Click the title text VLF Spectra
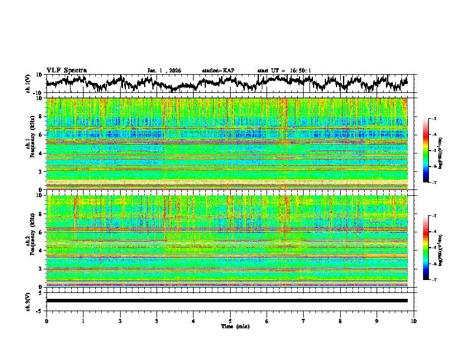point(66,70)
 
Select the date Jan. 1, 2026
point(164,71)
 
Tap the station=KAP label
point(218,71)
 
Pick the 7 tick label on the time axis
point(303,321)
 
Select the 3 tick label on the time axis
point(157,321)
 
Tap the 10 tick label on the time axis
point(414,321)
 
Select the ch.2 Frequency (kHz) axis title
point(29,241)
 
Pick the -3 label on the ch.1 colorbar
point(433,119)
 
